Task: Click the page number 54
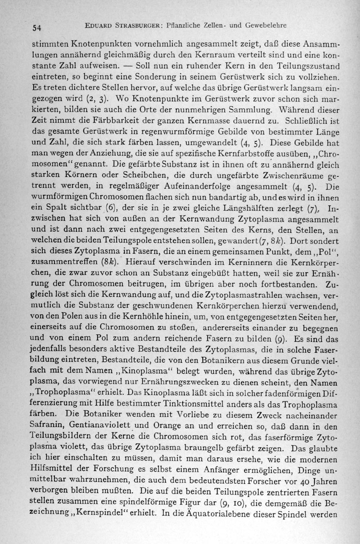click(37, 27)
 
